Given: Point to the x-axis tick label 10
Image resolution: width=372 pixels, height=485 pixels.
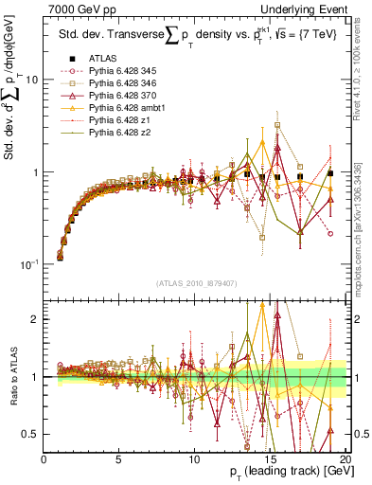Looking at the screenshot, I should [194, 458].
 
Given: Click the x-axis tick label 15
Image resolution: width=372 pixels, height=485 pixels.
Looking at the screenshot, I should [269, 458].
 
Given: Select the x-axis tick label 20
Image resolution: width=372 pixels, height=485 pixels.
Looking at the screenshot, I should [345, 458].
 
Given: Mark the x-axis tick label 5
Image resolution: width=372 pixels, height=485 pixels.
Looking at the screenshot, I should [119, 458].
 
